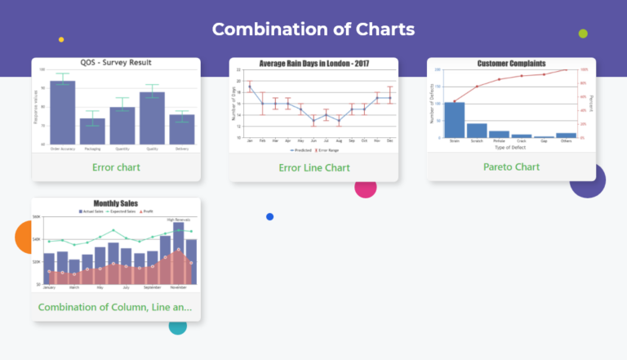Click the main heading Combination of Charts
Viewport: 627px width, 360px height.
[x=313, y=29]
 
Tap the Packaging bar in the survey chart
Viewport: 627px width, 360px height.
[x=92, y=131]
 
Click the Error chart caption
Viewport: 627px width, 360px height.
[x=116, y=167]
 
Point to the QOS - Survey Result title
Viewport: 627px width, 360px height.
[x=116, y=63]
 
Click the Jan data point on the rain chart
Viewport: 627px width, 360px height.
[x=250, y=87]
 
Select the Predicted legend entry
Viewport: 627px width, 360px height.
[x=300, y=150]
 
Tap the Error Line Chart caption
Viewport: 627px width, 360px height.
[x=314, y=168]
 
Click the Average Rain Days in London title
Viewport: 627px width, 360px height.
[x=314, y=64]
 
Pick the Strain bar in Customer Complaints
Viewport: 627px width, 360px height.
[x=454, y=119]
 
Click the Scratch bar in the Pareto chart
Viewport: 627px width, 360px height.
[x=477, y=130]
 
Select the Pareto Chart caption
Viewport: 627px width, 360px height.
[x=511, y=167]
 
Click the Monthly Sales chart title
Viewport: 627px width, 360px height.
[x=116, y=203]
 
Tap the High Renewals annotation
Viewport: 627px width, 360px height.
[x=178, y=220]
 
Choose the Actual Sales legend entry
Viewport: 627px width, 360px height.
[x=91, y=211]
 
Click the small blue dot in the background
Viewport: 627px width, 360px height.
[x=269, y=216]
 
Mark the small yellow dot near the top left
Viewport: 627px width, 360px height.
[x=61, y=39]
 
